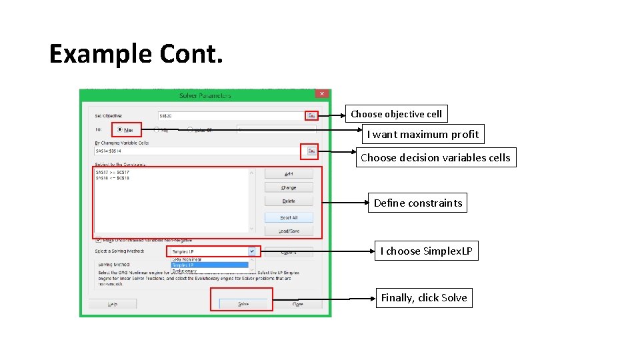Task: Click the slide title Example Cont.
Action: coord(136,53)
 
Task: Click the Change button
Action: coord(289,187)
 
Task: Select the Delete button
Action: coord(289,201)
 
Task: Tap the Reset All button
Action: coord(289,217)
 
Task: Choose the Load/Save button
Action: coord(289,231)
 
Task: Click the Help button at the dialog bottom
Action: coord(113,304)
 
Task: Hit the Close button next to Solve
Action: coord(297,304)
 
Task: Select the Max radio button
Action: coord(120,129)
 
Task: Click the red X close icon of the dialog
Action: coord(322,95)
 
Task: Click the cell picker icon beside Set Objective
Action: coord(311,115)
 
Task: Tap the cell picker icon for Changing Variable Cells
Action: coord(311,151)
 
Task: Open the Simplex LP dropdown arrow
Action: coord(252,251)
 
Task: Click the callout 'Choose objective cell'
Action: coord(396,114)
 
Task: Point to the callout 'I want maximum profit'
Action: coord(423,134)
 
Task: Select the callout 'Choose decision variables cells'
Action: coord(435,157)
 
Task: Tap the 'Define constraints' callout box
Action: coord(417,203)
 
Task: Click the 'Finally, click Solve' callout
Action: coord(423,297)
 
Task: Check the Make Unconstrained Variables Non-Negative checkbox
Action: coord(99,239)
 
